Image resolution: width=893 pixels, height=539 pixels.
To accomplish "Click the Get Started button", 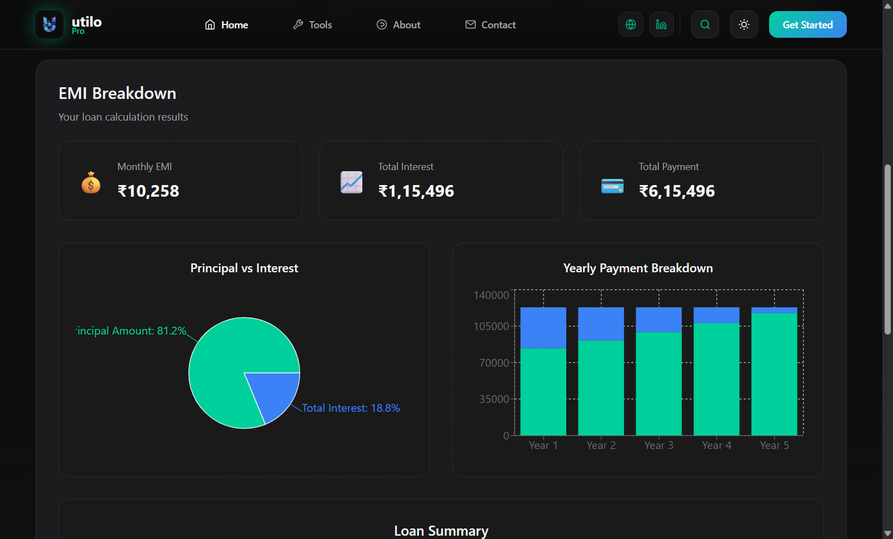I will point(807,24).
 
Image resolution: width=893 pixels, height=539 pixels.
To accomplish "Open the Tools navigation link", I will point(312,24).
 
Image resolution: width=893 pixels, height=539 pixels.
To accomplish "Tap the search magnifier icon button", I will point(705,24).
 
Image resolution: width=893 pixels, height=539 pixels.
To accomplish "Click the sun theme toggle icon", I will point(744,24).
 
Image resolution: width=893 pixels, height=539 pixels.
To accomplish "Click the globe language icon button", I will point(631,24).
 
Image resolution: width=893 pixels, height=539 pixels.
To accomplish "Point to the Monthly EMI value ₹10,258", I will point(148,191).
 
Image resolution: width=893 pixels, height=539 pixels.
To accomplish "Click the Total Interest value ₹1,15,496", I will point(416,191).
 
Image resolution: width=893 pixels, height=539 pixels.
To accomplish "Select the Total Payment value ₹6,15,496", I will point(677,191).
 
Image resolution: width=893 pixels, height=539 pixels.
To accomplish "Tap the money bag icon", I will point(91,182).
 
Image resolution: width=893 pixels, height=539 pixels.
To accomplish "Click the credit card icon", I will point(612,186).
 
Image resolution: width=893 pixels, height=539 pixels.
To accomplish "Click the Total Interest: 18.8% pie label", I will point(351,408).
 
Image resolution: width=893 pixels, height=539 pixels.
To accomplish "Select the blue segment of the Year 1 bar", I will point(543,327).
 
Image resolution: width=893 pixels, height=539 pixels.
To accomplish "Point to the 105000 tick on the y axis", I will point(491,326).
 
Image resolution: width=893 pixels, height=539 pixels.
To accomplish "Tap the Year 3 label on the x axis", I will point(658,445).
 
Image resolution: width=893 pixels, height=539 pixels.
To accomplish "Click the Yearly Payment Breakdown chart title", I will point(638,268).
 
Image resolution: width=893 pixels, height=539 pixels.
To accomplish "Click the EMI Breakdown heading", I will point(117,93).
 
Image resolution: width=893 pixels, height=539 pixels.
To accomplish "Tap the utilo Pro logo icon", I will point(49,24).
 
